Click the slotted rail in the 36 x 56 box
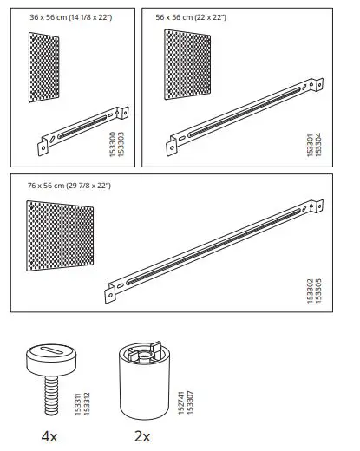[83, 129]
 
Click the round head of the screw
[48, 355]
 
